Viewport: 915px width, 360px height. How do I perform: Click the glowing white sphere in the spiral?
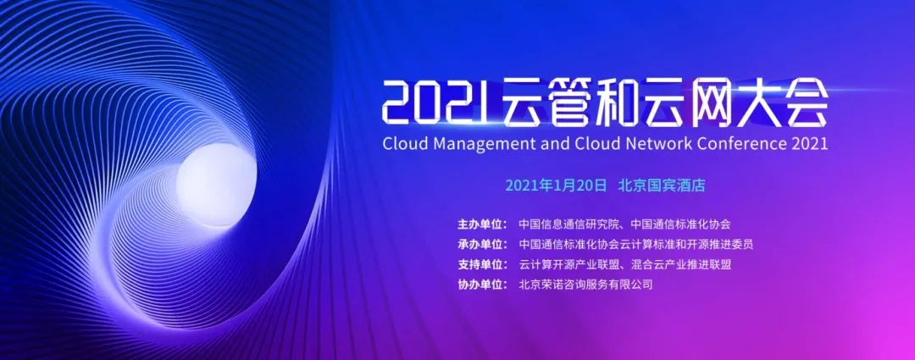(x=216, y=185)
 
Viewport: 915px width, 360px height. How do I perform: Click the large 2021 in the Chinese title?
(x=433, y=102)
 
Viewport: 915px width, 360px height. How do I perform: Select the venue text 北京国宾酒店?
(x=662, y=186)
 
